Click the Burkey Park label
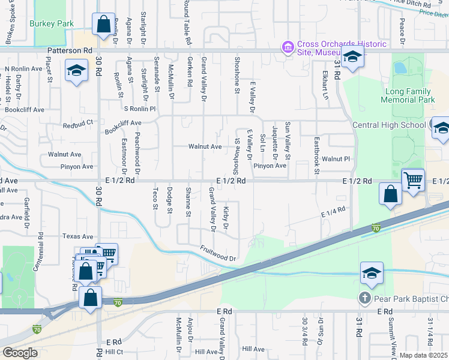tap(52, 24)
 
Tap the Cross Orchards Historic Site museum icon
tap(287, 47)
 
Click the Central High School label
tap(389, 125)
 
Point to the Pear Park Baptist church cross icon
tap(364, 298)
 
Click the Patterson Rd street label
tap(71, 52)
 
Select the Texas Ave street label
tap(79, 237)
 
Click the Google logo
tap(20, 353)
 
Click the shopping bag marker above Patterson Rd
tap(103, 25)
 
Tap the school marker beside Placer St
tap(76, 71)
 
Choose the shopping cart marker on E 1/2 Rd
tap(413, 179)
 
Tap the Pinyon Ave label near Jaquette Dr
tap(270, 166)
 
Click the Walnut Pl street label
tap(336, 159)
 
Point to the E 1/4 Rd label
tap(334, 211)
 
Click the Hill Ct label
tap(114, 352)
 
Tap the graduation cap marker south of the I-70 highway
tap(372, 272)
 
